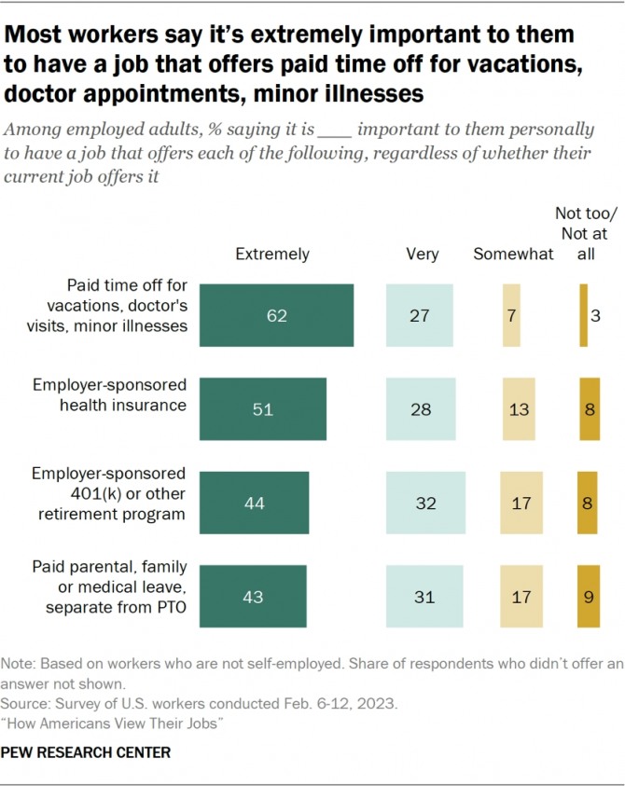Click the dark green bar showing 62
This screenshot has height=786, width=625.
coord(277,316)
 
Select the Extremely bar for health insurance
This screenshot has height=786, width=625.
coord(263,408)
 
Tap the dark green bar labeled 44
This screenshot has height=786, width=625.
coord(255,503)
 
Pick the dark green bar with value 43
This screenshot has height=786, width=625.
coord(254,596)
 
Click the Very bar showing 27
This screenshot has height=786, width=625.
coord(420,316)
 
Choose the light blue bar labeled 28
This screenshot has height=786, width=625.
coord(421,408)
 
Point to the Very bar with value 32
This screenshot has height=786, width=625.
coord(425,503)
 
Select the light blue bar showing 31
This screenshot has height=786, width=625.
coord(424,596)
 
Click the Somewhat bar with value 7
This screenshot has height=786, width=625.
coord(511,316)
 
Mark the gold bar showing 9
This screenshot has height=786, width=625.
coord(589,596)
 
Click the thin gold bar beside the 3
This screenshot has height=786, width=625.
coord(583,316)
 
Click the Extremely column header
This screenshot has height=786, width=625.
coord(272,254)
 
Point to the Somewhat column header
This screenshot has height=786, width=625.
coord(513,254)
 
